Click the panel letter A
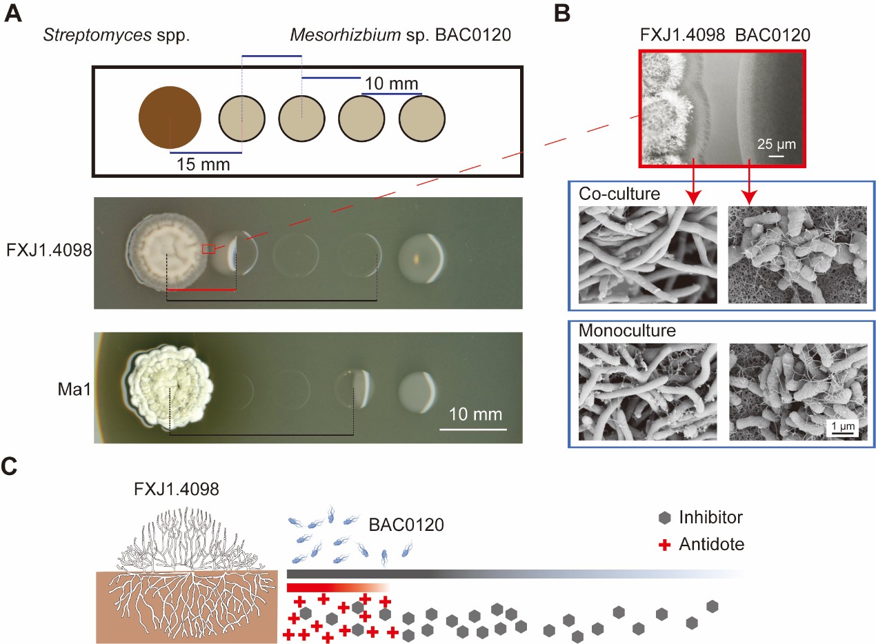[12, 14]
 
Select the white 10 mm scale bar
[472, 430]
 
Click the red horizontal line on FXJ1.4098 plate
[201, 290]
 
